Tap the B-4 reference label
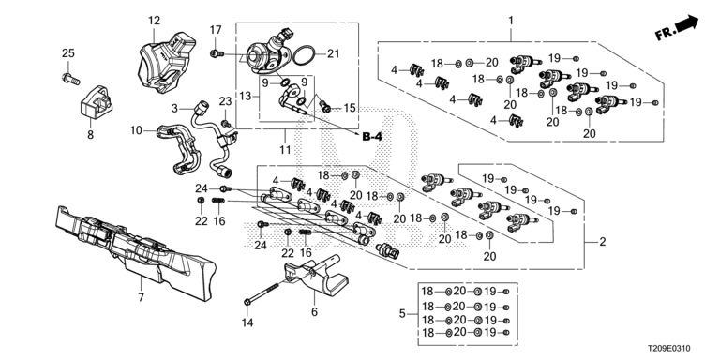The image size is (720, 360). pos(372,136)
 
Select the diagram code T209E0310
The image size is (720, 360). pos(669,349)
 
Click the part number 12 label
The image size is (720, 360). pos(155,21)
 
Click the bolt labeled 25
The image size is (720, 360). pos(70,79)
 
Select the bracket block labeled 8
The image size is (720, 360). pos(97,101)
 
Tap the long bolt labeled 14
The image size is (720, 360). pos(262,293)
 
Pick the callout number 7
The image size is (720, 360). pos(141,297)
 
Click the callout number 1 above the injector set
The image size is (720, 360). pos(511,21)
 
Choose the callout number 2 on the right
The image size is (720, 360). pos(603,242)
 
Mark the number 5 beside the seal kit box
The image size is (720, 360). pos(403,314)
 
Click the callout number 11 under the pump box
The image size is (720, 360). pos(285,149)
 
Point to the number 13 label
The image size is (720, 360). pos(247,96)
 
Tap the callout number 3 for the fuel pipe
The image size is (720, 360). pos(174,109)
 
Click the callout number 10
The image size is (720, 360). pos(136,131)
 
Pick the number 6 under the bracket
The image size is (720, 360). pos(315,312)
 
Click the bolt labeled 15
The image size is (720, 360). pos(325,106)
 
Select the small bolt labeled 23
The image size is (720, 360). pos(226,123)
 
